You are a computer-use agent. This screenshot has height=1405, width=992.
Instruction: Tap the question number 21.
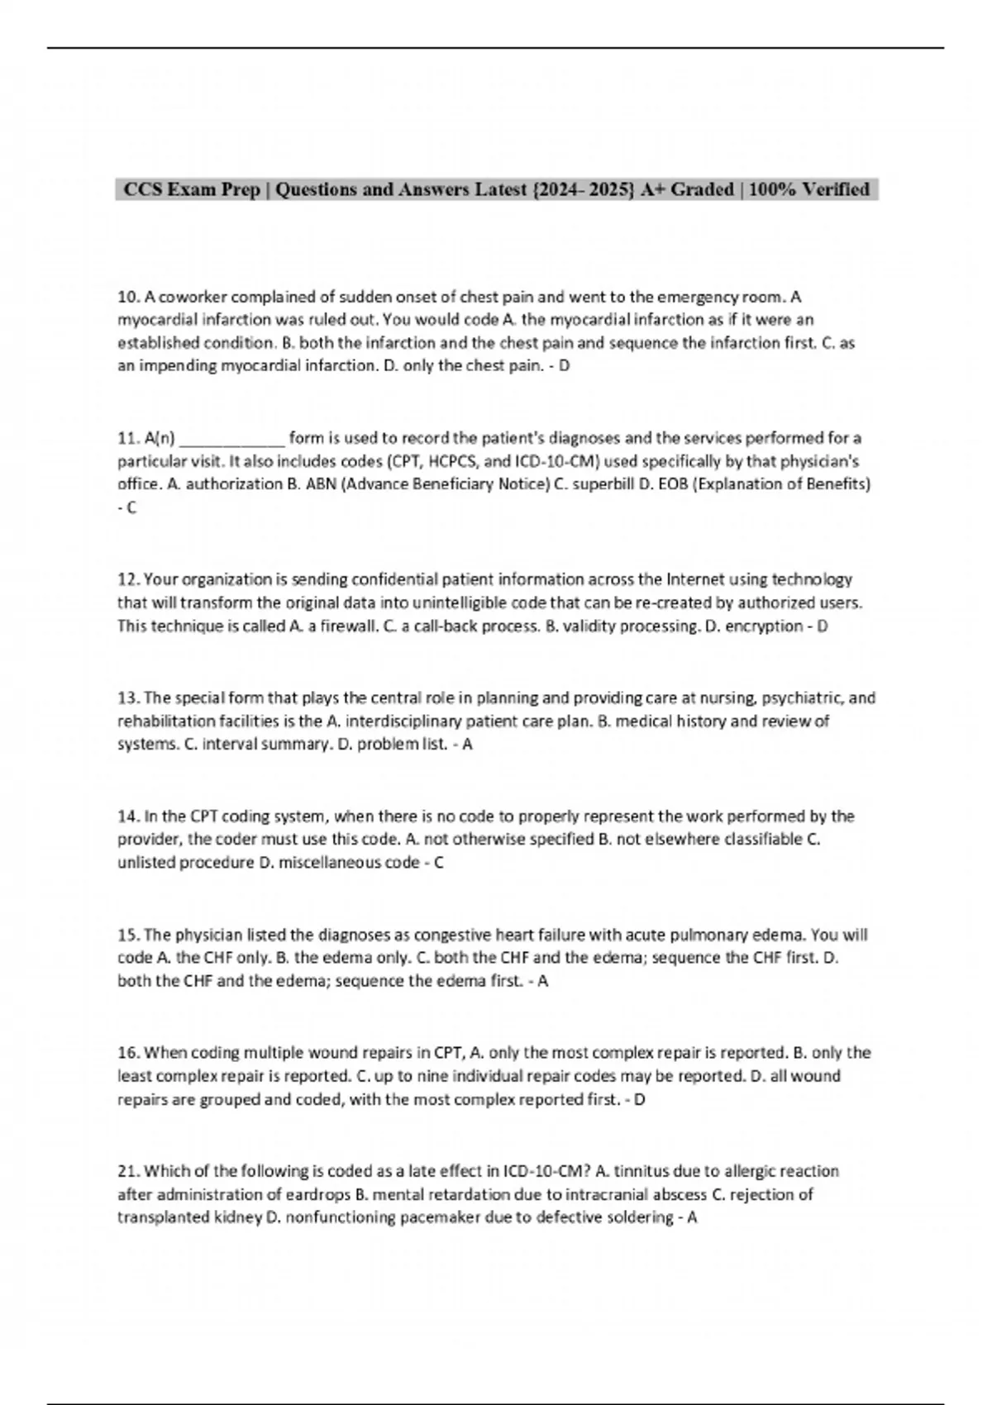[x=128, y=1171]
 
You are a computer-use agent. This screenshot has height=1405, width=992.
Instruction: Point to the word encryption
[x=765, y=626]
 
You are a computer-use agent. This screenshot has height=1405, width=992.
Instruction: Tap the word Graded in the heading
[x=702, y=190]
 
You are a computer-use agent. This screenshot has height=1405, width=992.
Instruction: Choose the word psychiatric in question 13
[x=799, y=698]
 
